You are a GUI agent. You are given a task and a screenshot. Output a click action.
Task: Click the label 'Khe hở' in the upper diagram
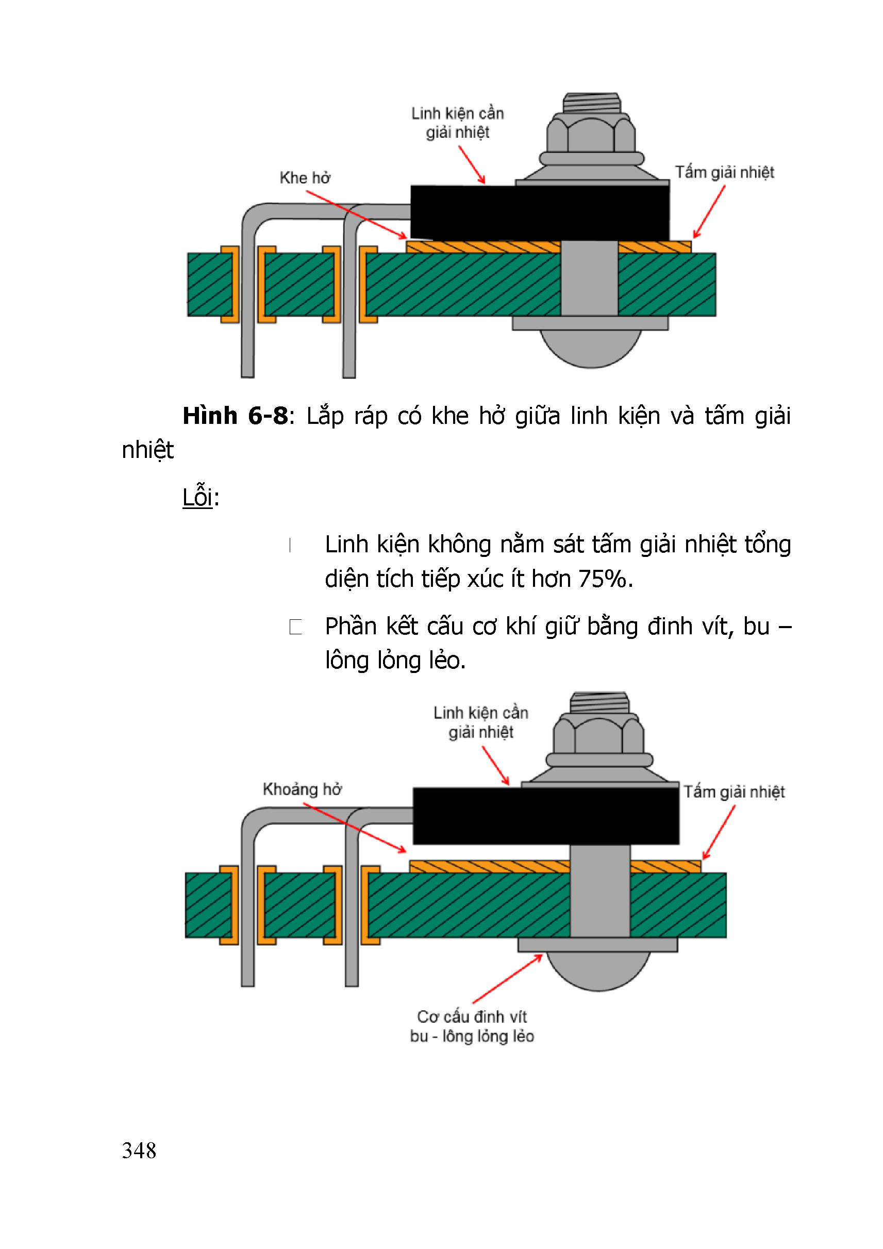click(305, 178)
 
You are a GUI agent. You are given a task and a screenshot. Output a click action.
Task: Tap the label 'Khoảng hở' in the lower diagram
click(302, 790)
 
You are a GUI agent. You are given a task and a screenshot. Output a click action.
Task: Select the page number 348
click(139, 1151)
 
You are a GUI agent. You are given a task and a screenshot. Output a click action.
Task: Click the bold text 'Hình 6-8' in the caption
click(235, 416)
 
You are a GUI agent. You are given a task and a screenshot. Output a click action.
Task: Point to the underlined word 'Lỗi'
click(197, 497)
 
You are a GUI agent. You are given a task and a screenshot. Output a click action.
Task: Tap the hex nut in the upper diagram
click(591, 135)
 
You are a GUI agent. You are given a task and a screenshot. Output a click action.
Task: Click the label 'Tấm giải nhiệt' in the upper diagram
click(724, 172)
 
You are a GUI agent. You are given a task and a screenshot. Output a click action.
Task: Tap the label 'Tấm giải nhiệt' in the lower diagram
click(734, 792)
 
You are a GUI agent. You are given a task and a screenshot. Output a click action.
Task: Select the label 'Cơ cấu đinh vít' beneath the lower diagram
click(472, 1017)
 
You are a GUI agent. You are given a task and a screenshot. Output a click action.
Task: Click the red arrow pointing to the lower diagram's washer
click(508, 979)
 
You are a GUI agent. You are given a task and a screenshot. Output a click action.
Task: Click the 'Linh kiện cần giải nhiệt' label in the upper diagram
click(457, 123)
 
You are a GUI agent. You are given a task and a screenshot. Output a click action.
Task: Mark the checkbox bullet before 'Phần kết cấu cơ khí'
click(295, 627)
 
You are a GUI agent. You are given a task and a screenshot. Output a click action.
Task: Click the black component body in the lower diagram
click(545, 816)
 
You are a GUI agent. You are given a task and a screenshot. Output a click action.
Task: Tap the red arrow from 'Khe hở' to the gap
click(356, 215)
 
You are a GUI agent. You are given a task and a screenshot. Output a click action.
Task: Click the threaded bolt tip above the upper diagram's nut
click(592, 102)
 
